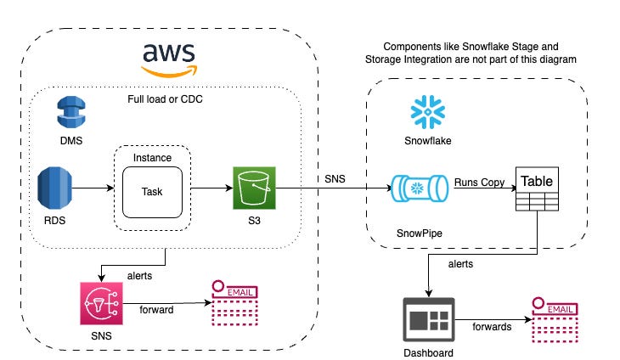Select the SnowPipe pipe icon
[x=419, y=188]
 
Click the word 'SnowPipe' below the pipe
[x=420, y=232]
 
